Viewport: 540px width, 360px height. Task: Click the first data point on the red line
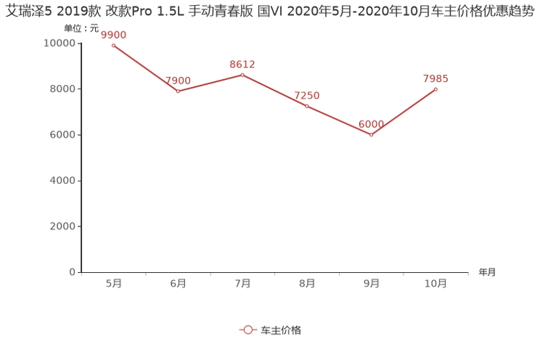[113, 45]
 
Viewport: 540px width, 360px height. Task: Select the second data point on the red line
[178, 91]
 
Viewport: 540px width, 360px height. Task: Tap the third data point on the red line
[242, 73]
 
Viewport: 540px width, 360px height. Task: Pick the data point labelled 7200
[307, 106]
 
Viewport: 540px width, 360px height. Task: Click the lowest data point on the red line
[372, 135]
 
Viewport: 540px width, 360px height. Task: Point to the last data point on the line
[436, 89]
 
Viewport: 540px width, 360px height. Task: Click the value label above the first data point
[113, 34]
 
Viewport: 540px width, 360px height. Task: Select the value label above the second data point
[178, 79]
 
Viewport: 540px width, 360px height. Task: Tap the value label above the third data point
[242, 63]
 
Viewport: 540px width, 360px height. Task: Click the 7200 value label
[307, 95]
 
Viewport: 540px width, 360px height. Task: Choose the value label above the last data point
[436, 78]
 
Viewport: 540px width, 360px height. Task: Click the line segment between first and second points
[145, 68]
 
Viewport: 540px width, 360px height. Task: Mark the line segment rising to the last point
[404, 112]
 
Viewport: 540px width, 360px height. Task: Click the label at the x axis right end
[487, 273]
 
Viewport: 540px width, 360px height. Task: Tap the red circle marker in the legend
[247, 330]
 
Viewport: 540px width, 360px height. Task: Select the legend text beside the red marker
[280, 330]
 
